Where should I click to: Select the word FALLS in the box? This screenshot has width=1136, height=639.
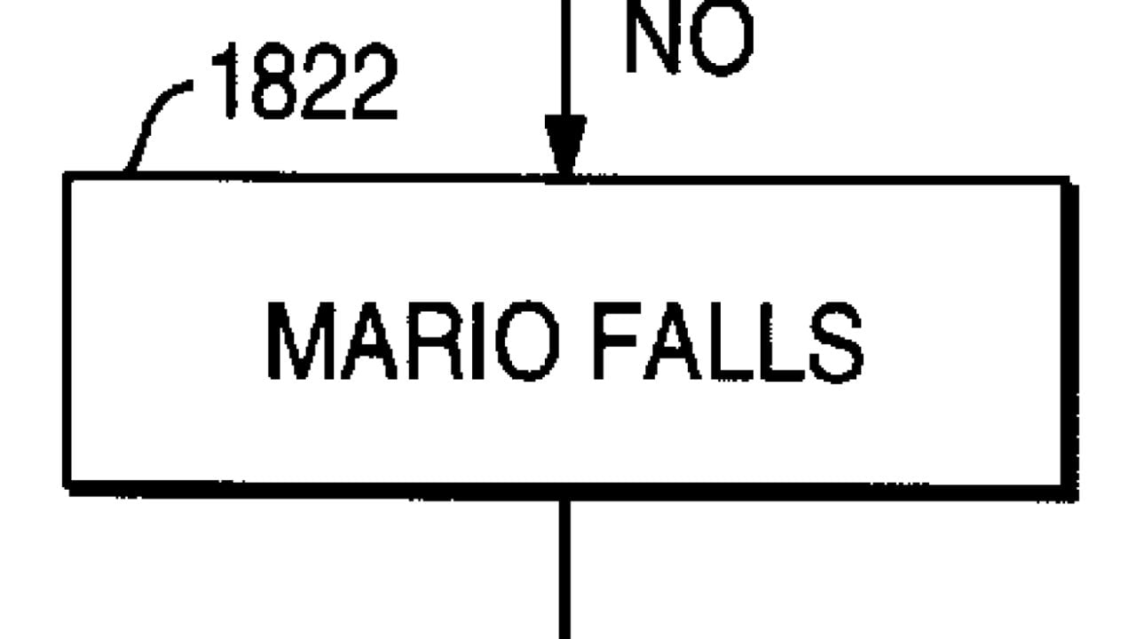pos(728,343)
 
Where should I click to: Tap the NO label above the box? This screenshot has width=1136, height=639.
pos(690,37)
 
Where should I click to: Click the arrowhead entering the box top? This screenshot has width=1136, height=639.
pos(565,146)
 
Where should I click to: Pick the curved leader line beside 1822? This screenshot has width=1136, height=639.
pos(155,120)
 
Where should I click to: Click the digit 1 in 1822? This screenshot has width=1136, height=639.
pos(229,85)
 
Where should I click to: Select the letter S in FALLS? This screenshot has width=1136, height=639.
pos(837,343)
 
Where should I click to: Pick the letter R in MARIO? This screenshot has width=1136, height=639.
pos(438,343)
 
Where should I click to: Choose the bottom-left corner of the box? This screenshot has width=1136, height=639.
pos(68,485)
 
